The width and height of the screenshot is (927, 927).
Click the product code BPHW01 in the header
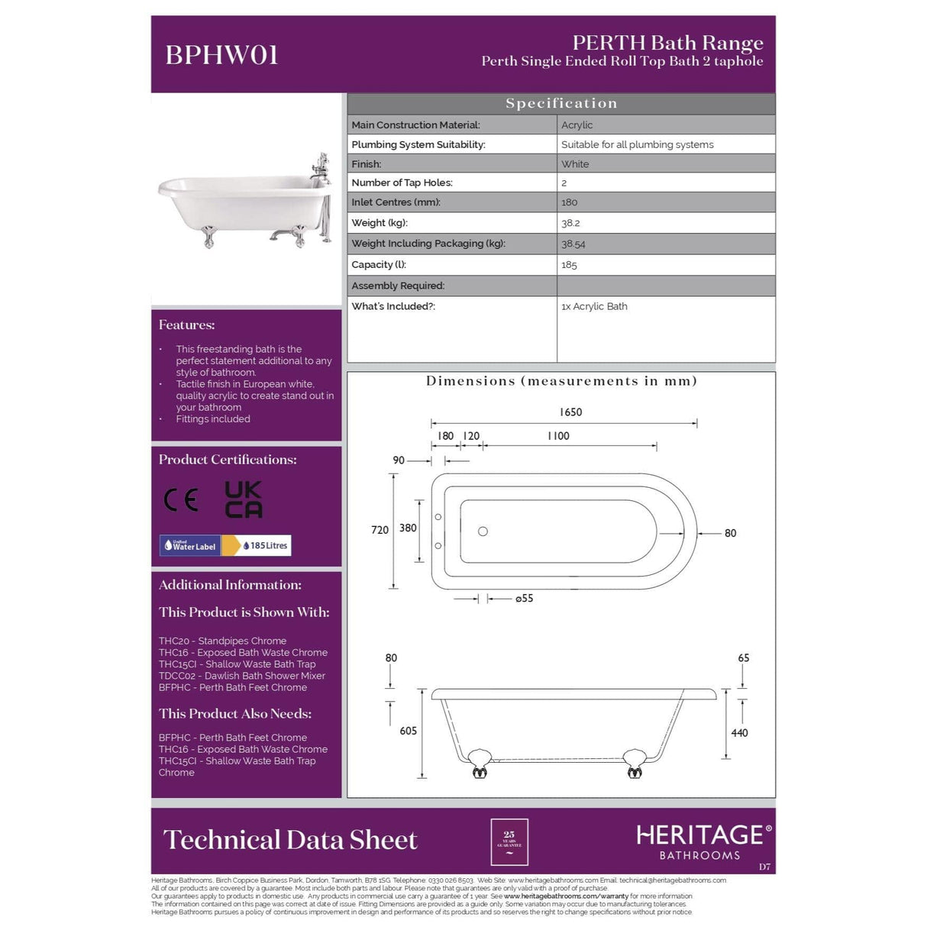[x=221, y=55]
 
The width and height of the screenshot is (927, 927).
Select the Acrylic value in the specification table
[x=577, y=125]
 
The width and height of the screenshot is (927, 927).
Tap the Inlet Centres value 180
[x=569, y=202]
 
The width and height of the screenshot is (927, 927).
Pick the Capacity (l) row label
[x=379, y=265]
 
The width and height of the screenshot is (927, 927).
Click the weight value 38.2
[x=570, y=223]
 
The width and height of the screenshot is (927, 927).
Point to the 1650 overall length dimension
[x=570, y=412]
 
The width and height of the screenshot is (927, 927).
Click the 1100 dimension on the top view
[x=558, y=436]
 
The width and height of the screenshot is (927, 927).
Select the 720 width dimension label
[x=380, y=530]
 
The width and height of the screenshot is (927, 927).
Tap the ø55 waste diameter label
[x=524, y=599]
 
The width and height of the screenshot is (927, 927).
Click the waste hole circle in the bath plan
[x=483, y=531]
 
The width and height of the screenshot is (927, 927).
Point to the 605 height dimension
[x=409, y=731]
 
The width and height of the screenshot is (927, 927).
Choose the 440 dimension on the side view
[x=739, y=732]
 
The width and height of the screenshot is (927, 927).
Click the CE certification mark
[x=181, y=500]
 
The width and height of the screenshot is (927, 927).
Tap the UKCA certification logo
[x=244, y=499]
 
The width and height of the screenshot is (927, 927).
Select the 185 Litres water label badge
[x=265, y=545]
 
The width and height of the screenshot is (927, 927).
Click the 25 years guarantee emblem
[x=509, y=841]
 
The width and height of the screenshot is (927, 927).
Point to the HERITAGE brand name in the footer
[x=699, y=835]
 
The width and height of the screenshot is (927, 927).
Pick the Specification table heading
[x=561, y=104]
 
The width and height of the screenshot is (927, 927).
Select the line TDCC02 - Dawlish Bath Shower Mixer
[x=242, y=676]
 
